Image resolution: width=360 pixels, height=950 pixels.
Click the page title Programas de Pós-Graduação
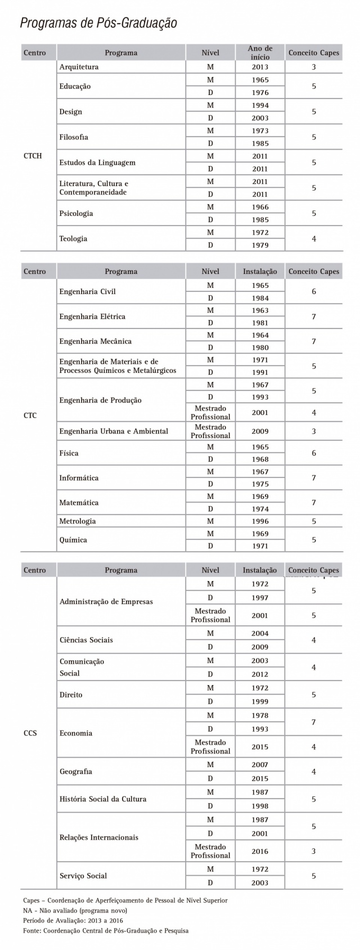point(98,23)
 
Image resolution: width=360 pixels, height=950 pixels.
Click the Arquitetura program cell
point(79,67)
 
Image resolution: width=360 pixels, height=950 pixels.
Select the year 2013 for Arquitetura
point(260,67)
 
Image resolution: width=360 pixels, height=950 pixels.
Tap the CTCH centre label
point(33,156)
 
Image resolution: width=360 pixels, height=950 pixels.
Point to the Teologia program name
point(73,238)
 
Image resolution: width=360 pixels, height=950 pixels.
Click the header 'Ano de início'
point(260,53)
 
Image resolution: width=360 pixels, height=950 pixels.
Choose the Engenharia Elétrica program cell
point(92,316)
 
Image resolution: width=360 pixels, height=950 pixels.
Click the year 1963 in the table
point(260,310)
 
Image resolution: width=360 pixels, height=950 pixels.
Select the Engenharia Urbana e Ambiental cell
point(114,431)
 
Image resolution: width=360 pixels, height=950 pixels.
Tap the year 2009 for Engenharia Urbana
point(260,431)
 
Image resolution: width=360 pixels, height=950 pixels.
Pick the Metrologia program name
point(78,521)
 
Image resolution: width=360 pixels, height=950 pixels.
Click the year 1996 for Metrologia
point(260,521)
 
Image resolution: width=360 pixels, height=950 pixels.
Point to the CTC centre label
point(30,416)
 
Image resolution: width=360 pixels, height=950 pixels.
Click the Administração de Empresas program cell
point(106,601)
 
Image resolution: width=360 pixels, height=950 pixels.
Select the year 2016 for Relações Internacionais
point(260,851)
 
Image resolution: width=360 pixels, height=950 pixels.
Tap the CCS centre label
point(30,733)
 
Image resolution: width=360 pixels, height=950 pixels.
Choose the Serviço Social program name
point(83,875)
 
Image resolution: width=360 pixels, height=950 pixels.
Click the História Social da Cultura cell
point(103,799)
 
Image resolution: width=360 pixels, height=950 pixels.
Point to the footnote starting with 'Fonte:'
point(106,930)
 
